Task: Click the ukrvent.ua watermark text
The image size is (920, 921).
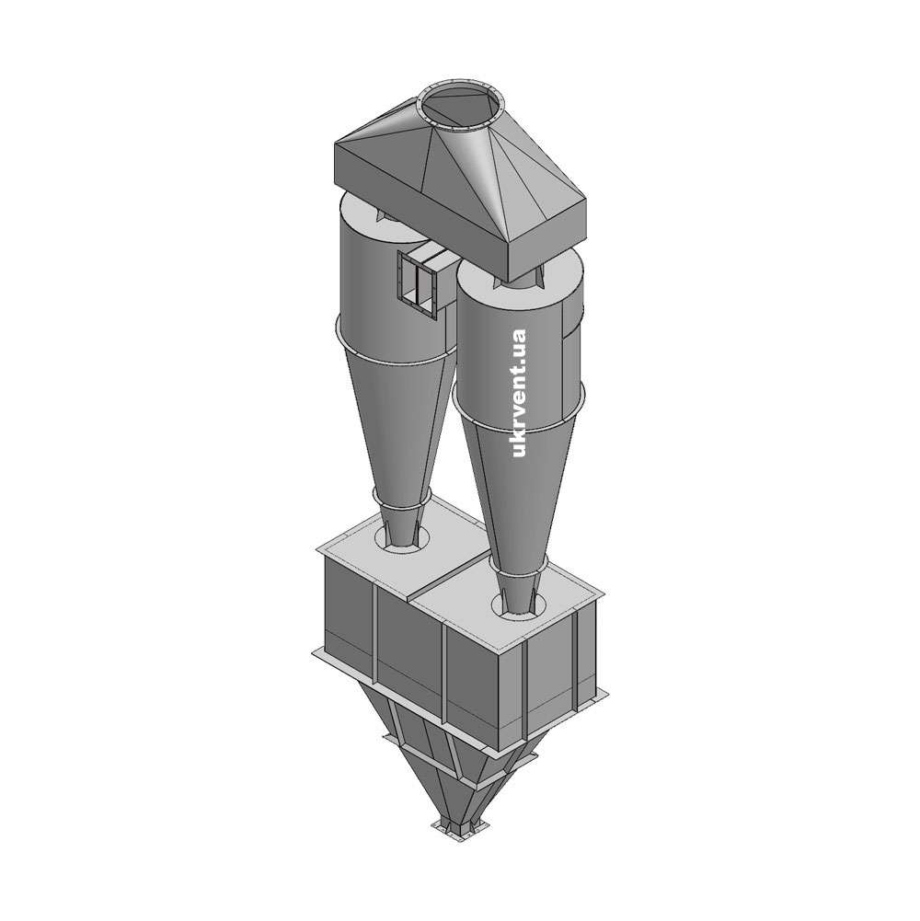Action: tap(518, 392)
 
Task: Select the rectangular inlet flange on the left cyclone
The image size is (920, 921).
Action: tap(418, 284)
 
